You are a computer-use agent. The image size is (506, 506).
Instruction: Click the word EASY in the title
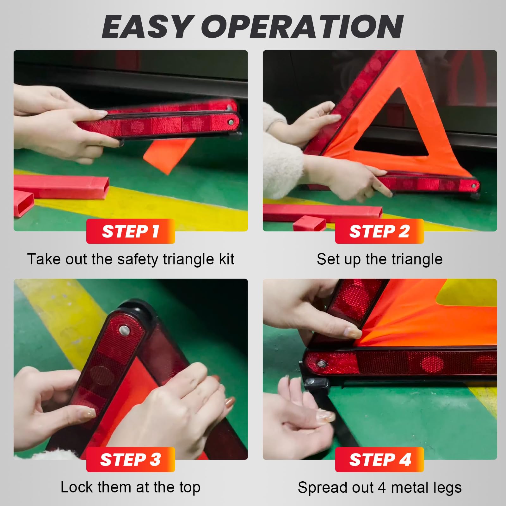tap(146, 27)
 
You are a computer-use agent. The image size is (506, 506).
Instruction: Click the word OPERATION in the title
tap(302, 27)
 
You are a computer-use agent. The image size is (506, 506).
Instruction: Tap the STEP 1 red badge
tap(131, 231)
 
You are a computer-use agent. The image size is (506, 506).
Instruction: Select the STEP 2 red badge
tap(379, 231)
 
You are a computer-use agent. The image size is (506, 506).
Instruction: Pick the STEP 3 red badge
tap(131, 460)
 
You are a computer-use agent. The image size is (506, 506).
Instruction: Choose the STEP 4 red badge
tap(379, 460)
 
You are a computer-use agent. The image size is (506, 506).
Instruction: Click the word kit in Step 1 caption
tap(226, 259)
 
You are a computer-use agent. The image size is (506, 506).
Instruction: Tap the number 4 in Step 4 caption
tap(382, 487)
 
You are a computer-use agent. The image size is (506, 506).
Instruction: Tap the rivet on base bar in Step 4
tap(322, 363)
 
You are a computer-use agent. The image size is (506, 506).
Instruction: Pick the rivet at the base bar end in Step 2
tap(473, 186)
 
